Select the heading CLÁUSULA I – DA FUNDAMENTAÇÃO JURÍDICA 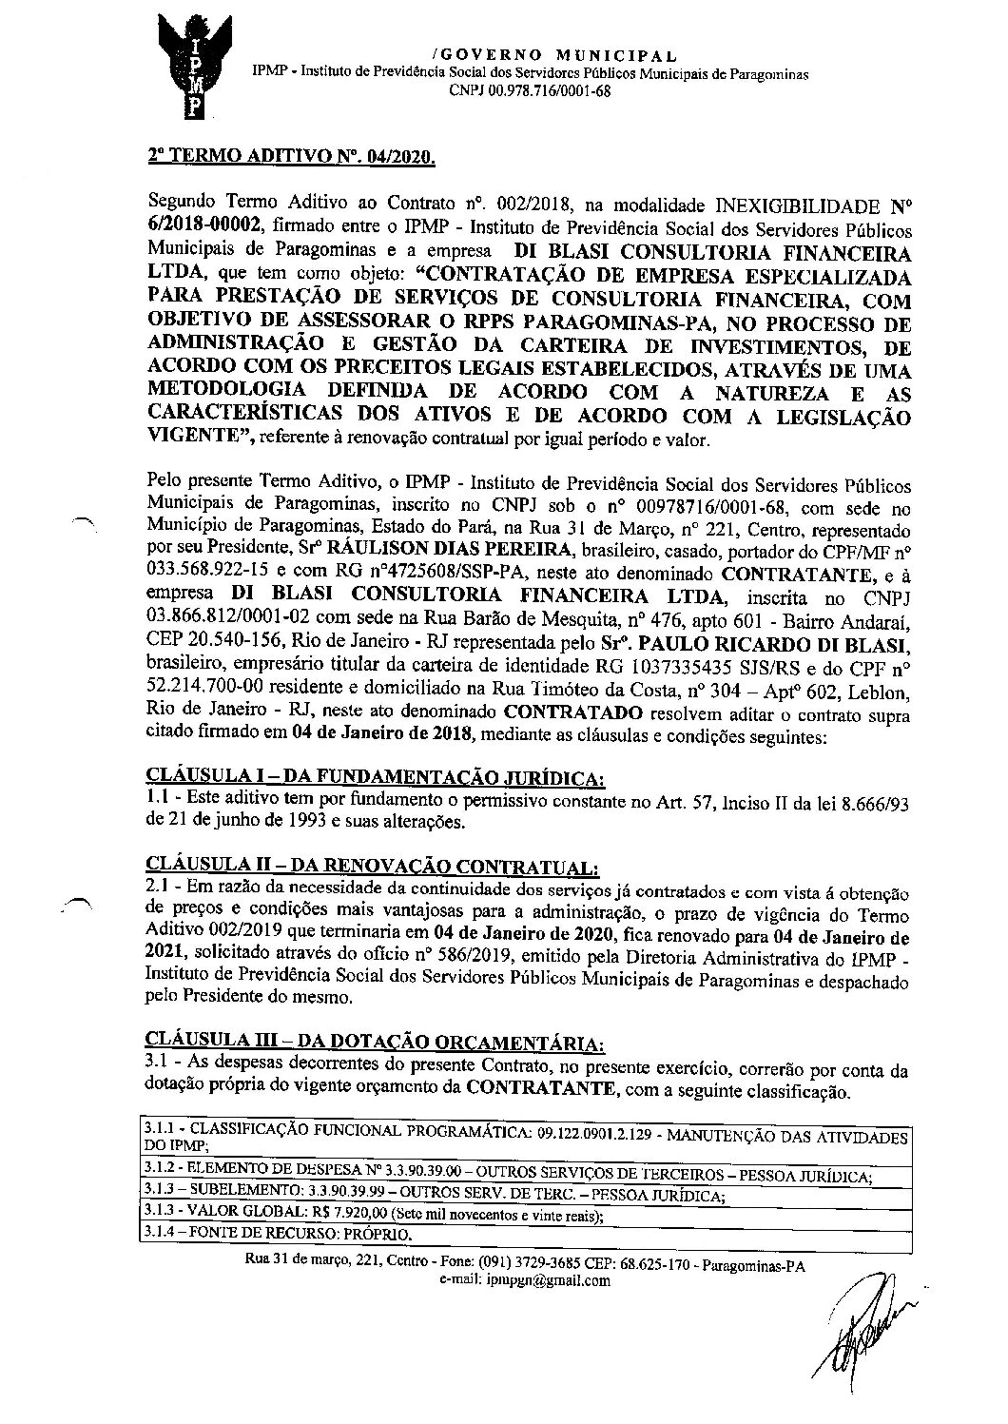coord(375,777)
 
